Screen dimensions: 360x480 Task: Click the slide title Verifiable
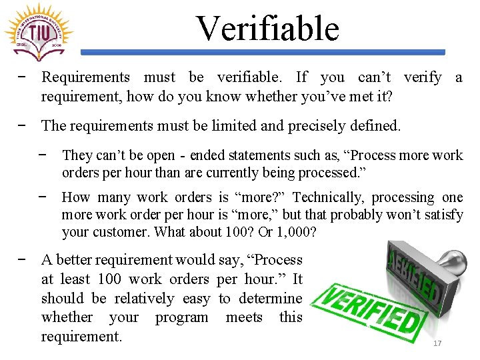point(267,29)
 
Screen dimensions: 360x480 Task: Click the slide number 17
point(438,343)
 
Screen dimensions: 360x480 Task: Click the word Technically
point(321,197)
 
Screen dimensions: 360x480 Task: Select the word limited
point(255,125)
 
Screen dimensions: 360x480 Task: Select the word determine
point(269,298)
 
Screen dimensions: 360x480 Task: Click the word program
point(182,317)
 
